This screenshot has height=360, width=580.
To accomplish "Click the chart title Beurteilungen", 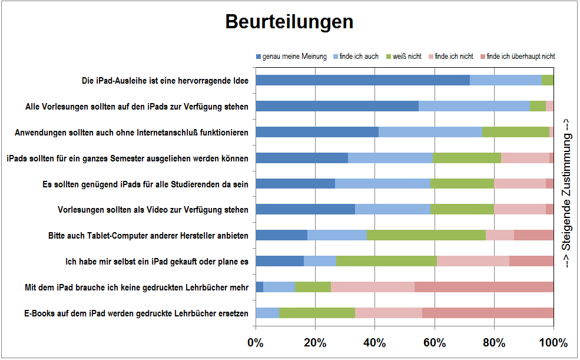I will click(x=289, y=22).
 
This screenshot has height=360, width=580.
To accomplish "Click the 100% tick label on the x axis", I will click(x=553, y=343).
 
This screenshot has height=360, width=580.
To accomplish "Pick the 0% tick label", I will click(x=256, y=343).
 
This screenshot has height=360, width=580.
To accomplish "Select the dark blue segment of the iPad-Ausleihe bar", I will click(x=363, y=81).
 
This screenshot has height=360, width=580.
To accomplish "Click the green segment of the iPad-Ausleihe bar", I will click(x=548, y=81).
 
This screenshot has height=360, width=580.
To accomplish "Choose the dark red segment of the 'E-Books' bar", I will click(x=488, y=312).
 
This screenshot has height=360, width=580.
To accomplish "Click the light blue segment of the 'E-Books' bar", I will click(x=267, y=312).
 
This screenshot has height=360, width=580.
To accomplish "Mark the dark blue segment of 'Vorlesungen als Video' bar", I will click(x=305, y=209).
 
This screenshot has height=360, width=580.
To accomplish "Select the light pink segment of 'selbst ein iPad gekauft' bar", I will click(x=473, y=261).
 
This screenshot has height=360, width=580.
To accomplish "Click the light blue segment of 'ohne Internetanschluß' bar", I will click(x=430, y=132).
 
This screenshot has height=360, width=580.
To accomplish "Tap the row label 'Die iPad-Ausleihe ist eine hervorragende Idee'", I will click(x=165, y=81).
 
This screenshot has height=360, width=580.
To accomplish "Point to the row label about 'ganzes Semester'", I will click(x=127, y=158).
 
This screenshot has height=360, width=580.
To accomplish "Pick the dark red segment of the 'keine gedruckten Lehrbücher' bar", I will click(x=484, y=287).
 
